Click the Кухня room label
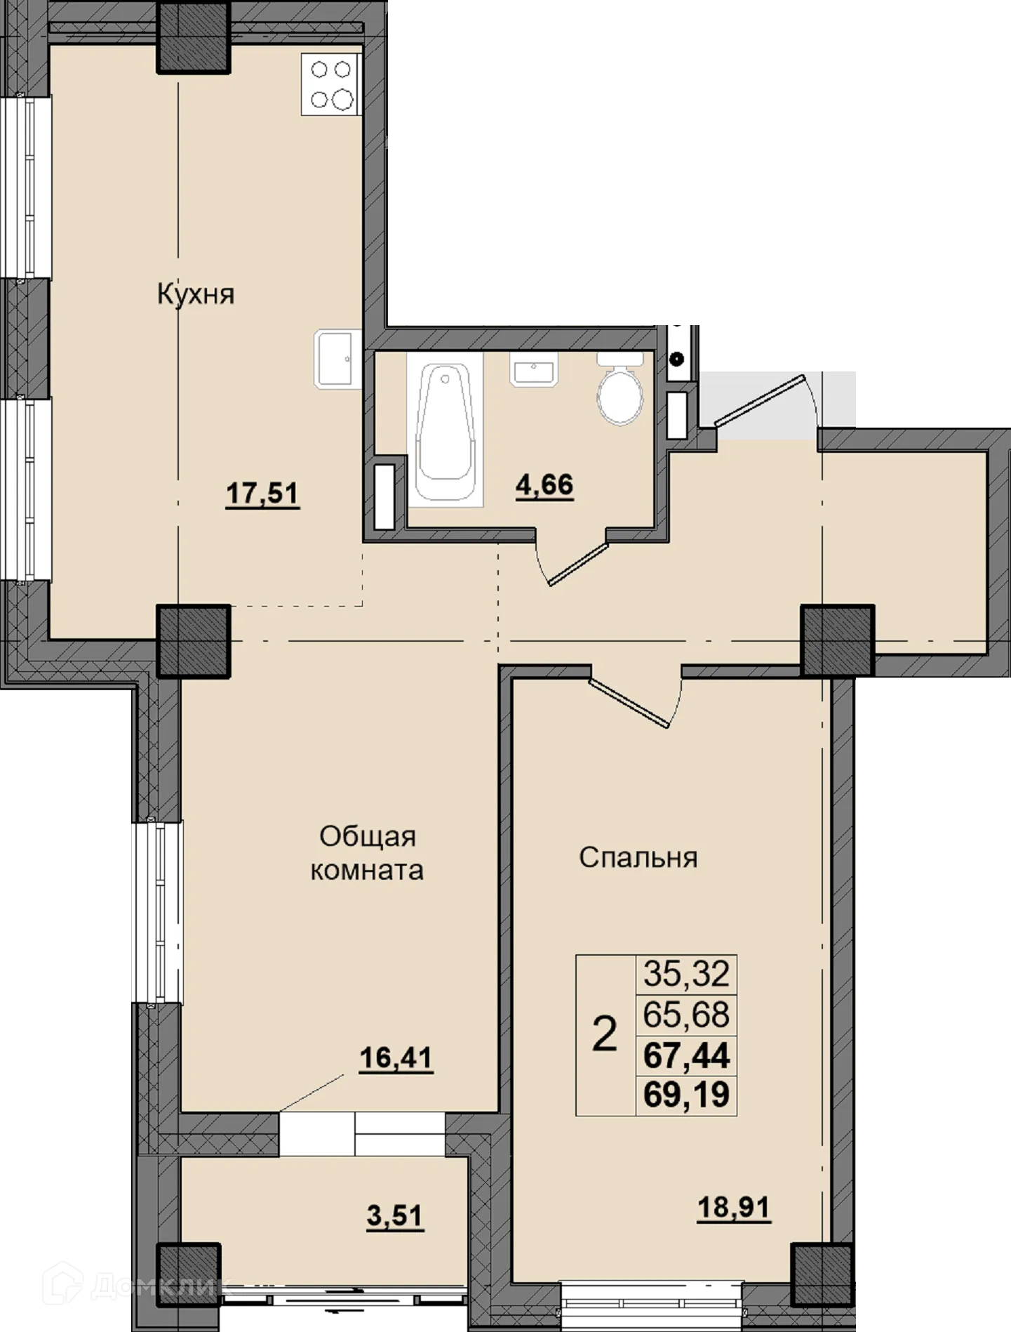[x=195, y=294]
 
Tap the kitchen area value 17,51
[x=262, y=493]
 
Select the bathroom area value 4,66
[x=544, y=484]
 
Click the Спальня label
[x=638, y=857]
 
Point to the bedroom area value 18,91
[x=734, y=1208]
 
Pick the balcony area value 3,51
[x=395, y=1215]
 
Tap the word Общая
[x=368, y=836]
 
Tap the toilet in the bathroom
[x=620, y=395]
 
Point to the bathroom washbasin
[x=535, y=370]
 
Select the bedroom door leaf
[x=630, y=703]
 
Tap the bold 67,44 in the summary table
[x=686, y=1055]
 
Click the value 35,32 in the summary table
[x=686, y=974]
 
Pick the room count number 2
[x=605, y=1034]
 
